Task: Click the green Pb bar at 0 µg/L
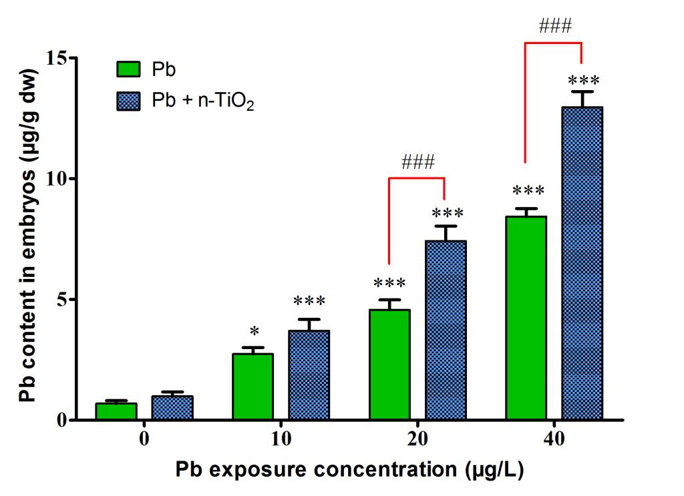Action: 116,412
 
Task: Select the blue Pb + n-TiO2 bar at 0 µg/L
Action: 172,409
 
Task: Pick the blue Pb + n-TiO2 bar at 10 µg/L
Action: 309,375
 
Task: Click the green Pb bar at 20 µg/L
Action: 389,365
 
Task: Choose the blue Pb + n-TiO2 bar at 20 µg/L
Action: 446,330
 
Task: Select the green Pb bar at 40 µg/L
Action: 526,318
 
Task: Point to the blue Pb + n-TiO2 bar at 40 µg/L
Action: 582,264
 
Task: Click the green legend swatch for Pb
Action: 129,69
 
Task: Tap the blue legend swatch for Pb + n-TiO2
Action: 129,101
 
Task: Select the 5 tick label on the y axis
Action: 64,300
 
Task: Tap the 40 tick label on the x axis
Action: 554,439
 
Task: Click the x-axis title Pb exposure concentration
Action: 350,470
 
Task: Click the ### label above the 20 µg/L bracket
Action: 418,162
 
